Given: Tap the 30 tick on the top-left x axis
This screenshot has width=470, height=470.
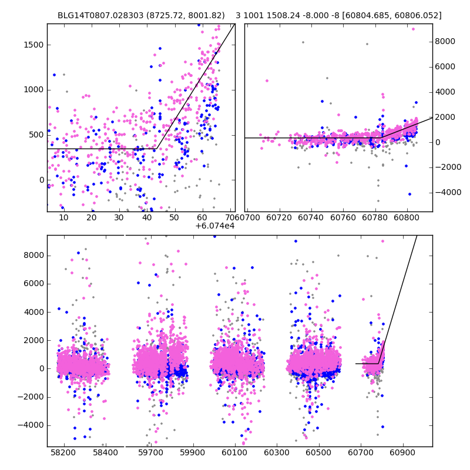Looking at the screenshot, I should pyautogui.click(x=119, y=218).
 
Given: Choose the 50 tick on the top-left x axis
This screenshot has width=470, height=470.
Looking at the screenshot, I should pyautogui.click(x=174, y=218).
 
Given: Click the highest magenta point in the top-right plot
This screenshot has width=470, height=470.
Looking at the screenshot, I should pyautogui.click(x=413, y=29).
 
